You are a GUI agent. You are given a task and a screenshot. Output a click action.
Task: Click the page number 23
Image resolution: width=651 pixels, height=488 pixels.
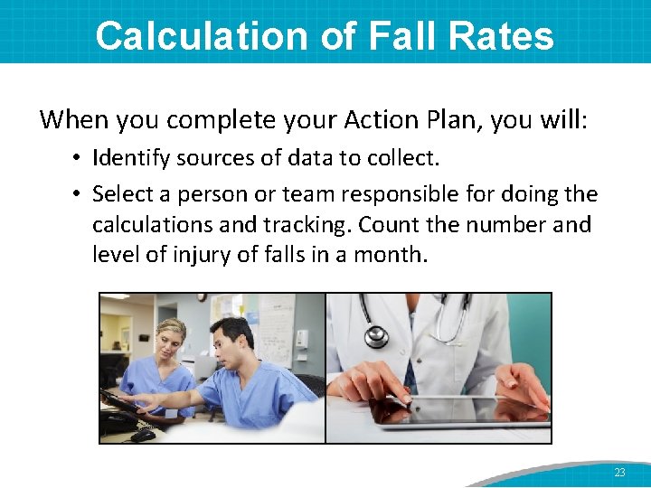(x=619, y=473)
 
